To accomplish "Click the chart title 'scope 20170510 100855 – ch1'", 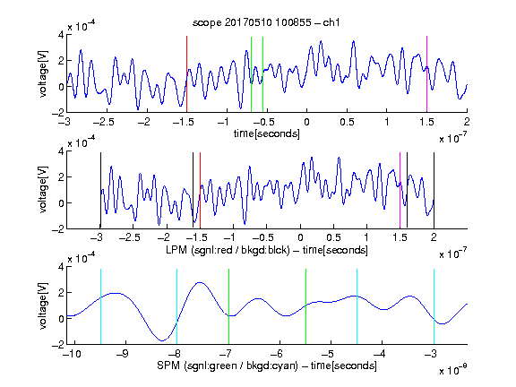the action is pos(266,22).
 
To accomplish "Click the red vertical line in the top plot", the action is pos(186,74).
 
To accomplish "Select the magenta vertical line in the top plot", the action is pos(426,74).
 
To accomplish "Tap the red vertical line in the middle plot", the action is pos(200,190).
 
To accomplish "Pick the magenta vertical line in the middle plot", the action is pos(400,190).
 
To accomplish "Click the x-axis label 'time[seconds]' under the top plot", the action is pos(267,133).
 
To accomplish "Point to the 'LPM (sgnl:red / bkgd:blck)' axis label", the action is pos(228,250).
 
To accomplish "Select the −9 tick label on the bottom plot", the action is pos(123,354).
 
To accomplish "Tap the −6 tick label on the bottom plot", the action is pos(278,354).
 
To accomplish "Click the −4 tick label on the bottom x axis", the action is pos(381,354).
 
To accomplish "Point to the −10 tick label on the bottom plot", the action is pos(72,354).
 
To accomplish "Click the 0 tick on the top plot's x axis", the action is pos(306,122).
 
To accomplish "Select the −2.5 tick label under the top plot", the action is pos(103,122).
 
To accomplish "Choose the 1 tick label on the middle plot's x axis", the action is pos(366,237).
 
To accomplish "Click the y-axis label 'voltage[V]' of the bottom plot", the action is pos(43,305).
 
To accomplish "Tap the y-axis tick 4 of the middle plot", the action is pos(61,151).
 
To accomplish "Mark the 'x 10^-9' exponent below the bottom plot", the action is pos(453,371).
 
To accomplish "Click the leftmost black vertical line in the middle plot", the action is pos(100,190).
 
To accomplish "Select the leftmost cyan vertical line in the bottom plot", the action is pos(100,306).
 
